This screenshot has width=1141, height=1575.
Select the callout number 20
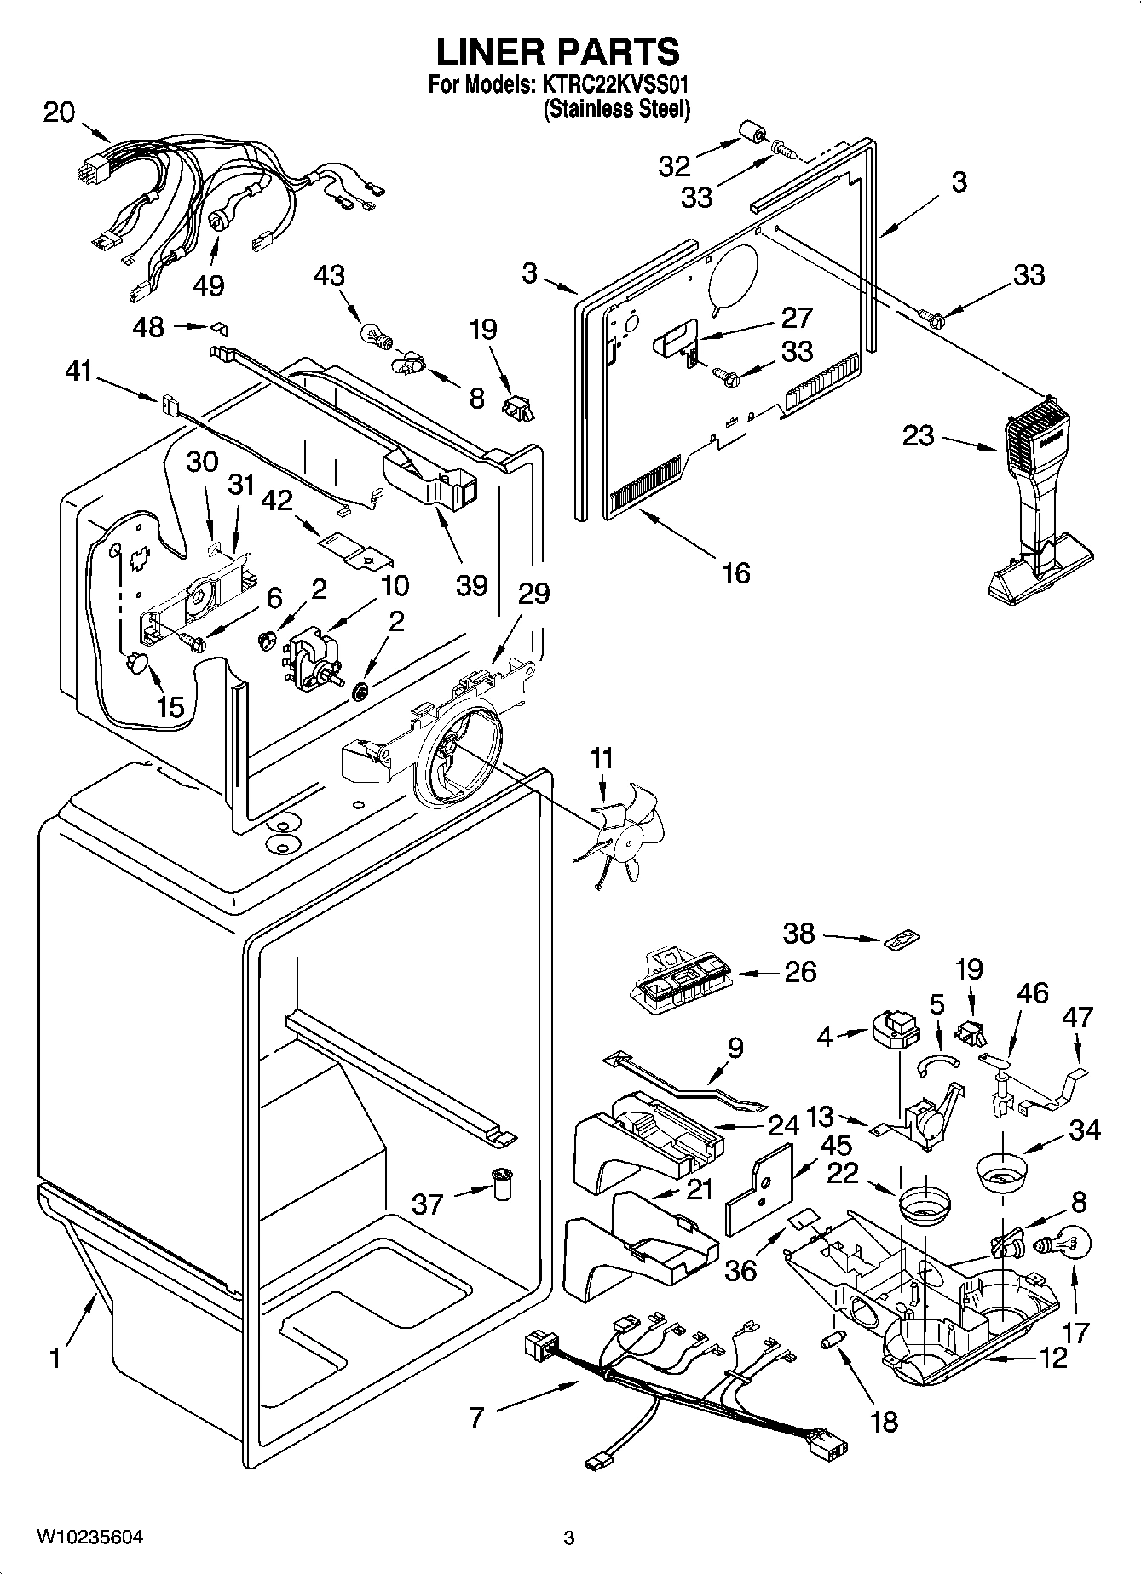59,112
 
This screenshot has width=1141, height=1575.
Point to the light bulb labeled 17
1059,1246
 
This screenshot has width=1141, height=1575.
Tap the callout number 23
918,436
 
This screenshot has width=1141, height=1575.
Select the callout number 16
735,572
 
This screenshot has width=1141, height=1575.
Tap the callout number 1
55,1356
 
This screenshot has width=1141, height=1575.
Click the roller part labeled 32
751,134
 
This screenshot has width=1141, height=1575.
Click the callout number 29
534,593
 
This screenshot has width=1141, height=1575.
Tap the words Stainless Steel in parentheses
616,109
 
